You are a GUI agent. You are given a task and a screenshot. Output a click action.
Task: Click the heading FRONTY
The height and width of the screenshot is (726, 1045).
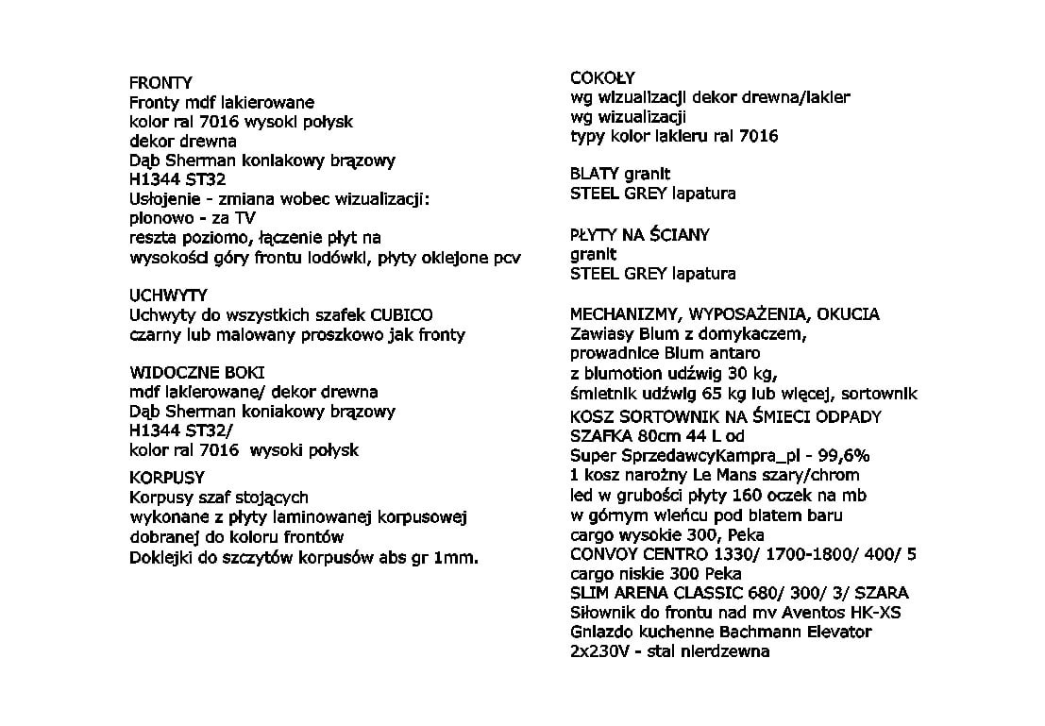pos(160,83)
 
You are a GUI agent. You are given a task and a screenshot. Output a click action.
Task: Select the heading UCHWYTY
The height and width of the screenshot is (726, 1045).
pos(168,295)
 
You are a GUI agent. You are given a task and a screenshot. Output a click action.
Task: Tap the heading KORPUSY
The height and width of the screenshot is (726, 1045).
pos(167,478)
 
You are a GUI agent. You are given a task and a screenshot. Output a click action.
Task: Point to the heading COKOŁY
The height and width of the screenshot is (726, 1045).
pos(603,77)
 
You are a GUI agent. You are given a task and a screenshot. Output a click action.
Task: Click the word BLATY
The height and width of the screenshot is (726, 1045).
pos(595,174)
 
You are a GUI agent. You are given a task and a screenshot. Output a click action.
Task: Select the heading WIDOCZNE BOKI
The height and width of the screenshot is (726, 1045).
pos(196,372)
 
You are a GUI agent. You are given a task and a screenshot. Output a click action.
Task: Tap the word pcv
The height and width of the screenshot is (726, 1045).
pos(507,258)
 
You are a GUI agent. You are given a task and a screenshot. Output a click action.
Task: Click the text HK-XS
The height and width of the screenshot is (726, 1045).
pos(876,612)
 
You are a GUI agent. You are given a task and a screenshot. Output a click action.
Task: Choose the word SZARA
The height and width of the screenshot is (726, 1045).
pos(883,593)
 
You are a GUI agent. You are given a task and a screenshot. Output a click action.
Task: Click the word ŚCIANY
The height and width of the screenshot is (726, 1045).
pos(677,234)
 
